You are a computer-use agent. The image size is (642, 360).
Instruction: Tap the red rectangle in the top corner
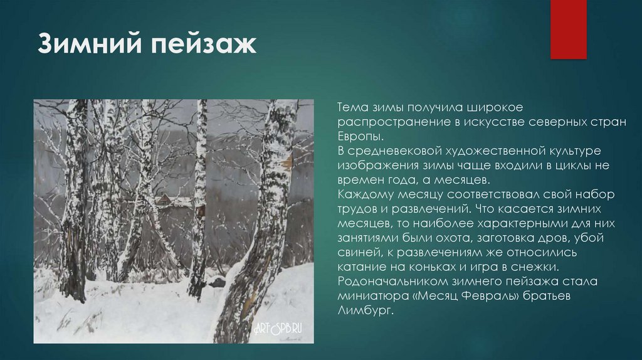(x=568, y=29)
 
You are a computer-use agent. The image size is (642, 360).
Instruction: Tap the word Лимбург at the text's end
(x=364, y=310)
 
